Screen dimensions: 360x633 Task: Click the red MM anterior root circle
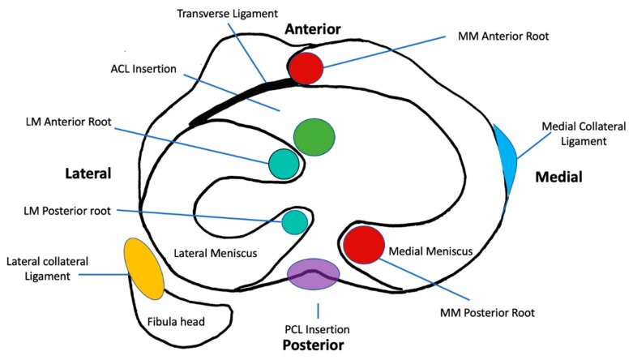point(307,67)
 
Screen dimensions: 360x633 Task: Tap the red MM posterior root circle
point(363,245)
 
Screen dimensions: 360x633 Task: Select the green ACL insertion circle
point(314,136)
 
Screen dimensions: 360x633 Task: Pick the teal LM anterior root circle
point(284,164)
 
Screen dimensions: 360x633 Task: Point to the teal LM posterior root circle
point(294,221)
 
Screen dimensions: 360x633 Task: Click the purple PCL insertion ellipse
point(313,273)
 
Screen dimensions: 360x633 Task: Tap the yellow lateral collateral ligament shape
point(143,268)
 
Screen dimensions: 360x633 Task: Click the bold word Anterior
point(312,29)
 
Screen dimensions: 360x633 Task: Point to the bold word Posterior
point(314,345)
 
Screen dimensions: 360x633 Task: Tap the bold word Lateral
point(88,174)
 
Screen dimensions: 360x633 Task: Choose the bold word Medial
point(559,176)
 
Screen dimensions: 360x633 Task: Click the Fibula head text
point(176,321)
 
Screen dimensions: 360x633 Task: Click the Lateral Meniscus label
point(216,254)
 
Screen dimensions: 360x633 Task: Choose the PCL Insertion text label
point(318,329)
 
